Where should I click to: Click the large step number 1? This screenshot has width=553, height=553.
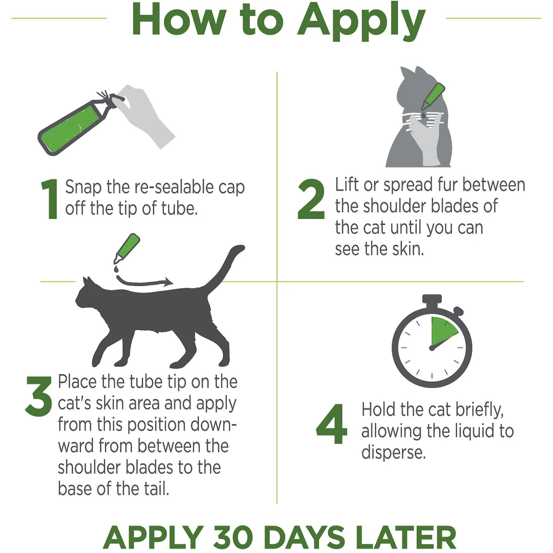click(51, 199)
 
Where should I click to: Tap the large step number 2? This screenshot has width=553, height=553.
click(311, 199)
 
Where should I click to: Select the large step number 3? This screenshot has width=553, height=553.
click(39, 396)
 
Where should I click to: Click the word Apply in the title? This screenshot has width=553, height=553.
click(361, 21)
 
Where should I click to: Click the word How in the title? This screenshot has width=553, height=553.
click(179, 19)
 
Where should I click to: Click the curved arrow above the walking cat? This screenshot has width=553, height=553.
click(144, 282)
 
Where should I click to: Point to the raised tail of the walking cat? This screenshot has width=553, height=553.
click(225, 267)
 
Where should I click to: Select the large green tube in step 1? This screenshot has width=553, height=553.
click(74, 125)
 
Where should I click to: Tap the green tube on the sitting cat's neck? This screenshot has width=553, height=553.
click(433, 96)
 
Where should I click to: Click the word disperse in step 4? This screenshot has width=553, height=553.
click(393, 452)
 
